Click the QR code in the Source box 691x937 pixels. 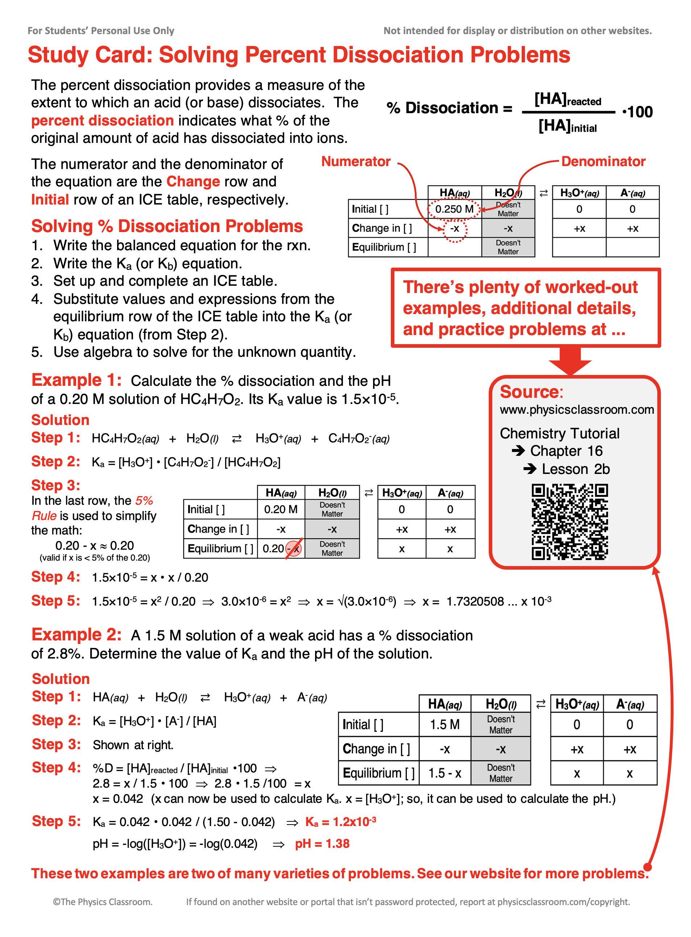pos(569,522)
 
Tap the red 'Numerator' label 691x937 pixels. pos(356,161)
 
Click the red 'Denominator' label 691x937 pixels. pos(603,161)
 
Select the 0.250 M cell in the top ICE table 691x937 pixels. pos(454,209)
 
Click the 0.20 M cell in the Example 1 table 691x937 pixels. pos(281,509)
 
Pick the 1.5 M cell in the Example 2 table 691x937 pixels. pos(444,724)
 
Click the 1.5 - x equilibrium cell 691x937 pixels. pos(444,773)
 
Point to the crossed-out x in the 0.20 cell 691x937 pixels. pos(294,548)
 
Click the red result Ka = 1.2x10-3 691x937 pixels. pos(340,822)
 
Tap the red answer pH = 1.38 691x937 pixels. pos(322,844)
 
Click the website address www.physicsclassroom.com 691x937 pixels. pos(576,409)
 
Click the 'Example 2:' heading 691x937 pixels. pos(76,635)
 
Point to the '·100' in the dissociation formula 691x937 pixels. pos(637,112)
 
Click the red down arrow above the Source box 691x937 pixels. pos(570,360)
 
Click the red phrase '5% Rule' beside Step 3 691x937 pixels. pos(144,501)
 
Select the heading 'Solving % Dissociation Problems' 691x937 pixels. pos(167,226)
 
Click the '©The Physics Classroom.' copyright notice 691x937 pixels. pos(103,901)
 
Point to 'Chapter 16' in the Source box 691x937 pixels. pos(566,450)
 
